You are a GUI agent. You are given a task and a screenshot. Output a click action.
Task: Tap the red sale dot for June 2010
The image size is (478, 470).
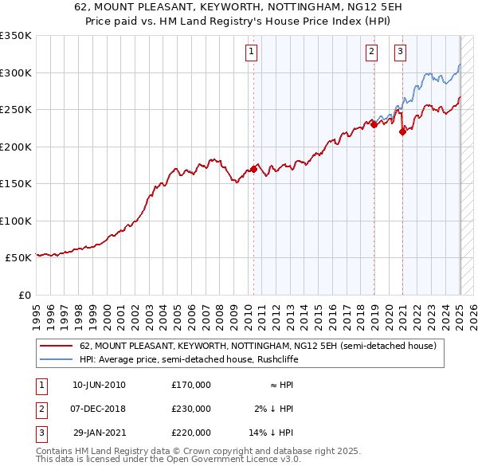point(254,169)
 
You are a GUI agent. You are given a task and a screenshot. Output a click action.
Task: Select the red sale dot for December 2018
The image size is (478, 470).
point(374,124)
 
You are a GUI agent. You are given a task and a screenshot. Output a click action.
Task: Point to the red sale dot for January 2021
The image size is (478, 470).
point(402,132)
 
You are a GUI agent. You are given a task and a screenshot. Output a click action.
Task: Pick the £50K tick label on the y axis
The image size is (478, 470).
point(19,258)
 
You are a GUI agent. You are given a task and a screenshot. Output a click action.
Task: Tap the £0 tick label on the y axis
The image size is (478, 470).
point(24,296)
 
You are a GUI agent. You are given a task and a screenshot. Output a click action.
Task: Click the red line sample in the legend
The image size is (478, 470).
point(56,347)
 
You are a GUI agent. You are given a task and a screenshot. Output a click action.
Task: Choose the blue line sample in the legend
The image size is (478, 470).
point(56,359)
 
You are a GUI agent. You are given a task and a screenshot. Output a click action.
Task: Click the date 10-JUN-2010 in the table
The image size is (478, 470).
point(99,385)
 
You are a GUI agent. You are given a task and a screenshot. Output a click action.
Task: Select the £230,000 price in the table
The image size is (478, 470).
point(191,409)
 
